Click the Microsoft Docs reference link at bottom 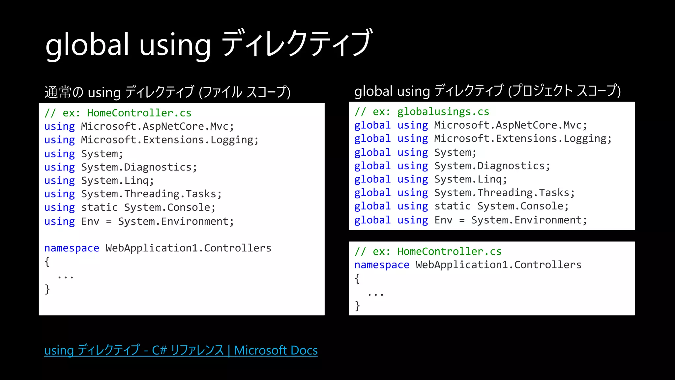click(x=181, y=350)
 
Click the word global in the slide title click(x=87, y=45)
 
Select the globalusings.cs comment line click(x=422, y=112)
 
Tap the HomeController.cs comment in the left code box click(x=118, y=113)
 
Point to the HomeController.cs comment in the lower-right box click(x=428, y=252)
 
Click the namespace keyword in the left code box click(x=72, y=248)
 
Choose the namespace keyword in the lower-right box click(x=382, y=265)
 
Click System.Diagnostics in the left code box click(x=139, y=167)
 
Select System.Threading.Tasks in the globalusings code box click(x=504, y=193)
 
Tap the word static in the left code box click(x=99, y=207)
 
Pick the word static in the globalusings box click(x=453, y=206)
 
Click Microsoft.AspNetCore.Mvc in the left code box click(x=157, y=126)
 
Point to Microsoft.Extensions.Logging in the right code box click(x=523, y=139)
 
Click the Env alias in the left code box click(x=90, y=221)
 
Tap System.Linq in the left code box click(x=117, y=181)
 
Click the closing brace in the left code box click(x=47, y=289)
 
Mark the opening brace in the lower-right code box click(x=357, y=279)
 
